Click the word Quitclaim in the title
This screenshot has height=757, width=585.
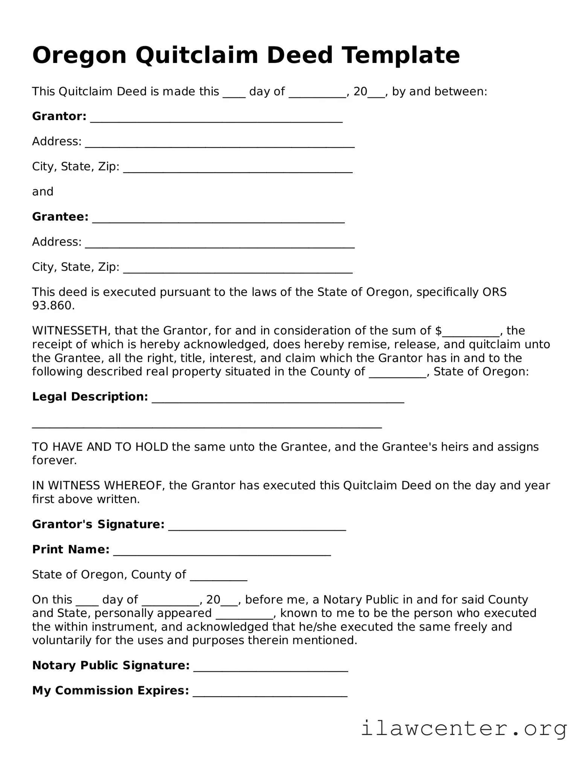point(197,55)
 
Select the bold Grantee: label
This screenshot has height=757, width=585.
point(60,217)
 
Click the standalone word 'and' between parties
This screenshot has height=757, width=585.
point(43,192)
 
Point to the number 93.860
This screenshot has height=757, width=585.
point(53,306)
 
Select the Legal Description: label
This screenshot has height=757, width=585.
point(90,397)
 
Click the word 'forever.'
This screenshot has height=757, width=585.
point(54,460)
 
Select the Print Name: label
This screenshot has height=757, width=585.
point(71,550)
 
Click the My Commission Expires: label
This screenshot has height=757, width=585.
point(110,691)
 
